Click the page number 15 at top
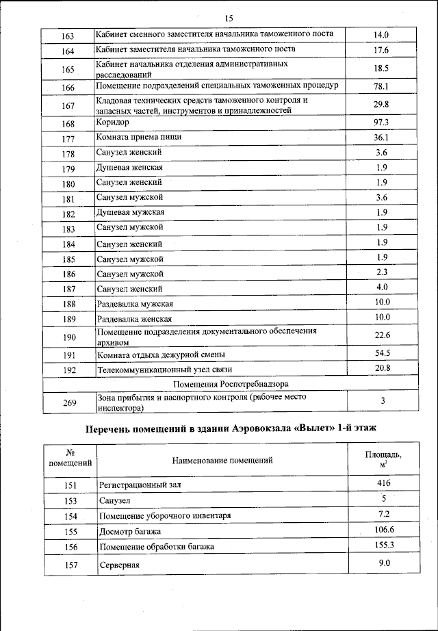229,18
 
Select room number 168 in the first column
68,124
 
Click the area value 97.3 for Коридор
381,122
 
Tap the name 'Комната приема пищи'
139,138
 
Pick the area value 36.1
381,138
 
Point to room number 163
68,36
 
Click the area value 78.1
381,86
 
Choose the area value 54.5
382,353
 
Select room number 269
68,402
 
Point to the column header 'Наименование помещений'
222,460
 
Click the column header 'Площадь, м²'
383,459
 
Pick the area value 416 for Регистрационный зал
383,483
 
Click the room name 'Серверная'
119,565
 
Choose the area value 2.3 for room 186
381,272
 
